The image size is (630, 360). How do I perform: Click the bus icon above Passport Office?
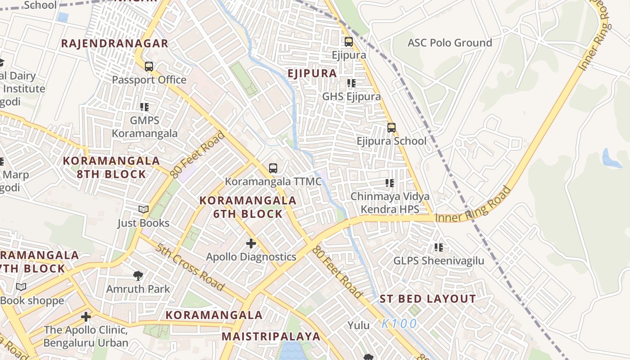pyautogui.click(x=149, y=67)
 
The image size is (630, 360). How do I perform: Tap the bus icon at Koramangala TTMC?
pyautogui.click(x=273, y=168)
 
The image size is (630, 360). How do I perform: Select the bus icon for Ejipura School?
pyautogui.click(x=391, y=128)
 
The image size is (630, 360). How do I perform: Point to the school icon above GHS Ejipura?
pyautogui.click(x=351, y=83)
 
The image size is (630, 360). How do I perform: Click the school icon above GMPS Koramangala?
pyautogui.click(x=144, y=107)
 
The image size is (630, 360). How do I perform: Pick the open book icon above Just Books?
pyautogui.click(x=143, y=210)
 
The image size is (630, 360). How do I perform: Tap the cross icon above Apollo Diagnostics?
pyautogui.click(x=251, y=243)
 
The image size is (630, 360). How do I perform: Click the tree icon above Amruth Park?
pyautogui.click(x=138, y=275)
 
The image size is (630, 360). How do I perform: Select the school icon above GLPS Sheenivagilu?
pyautogui.click(x=439, y=247)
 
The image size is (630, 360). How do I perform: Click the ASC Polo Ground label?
pyautogui.click(x=450, y=43)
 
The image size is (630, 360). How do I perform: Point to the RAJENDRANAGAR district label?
pyautogui.click(x=114, y=44)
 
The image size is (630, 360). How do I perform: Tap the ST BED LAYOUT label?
pyautogui.click(x=427, y=299)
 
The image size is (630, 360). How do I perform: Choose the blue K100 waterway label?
pyautogui.click(x=399, y=324)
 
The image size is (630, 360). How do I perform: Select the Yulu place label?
pyautogui.click(x=359, y=325)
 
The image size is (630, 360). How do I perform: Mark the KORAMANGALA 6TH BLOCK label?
pyautogui.click(x=248, y=207)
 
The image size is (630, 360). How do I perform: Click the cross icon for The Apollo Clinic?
pyautogui.click(x=86, y=317)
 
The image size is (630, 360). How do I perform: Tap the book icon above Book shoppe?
pyautogui.click(x=21, y=287)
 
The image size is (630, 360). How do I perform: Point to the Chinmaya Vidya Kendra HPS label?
pyautogui.click(x=390, y=203)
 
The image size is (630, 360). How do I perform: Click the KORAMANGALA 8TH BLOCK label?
pyautogui.click(x=111, y=167)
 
